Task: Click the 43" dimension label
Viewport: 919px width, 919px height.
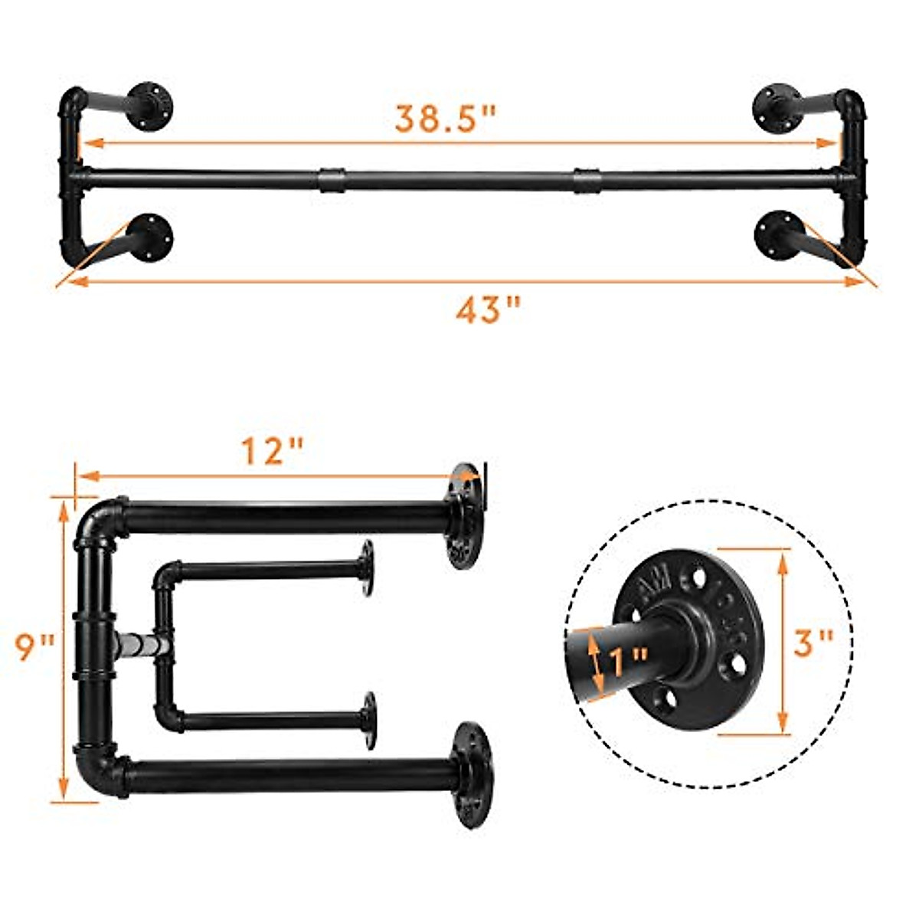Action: click(488, 311)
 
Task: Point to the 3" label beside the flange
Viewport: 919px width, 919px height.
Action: click(813, 642)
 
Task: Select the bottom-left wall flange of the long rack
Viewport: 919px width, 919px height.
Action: click(150, 237)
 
